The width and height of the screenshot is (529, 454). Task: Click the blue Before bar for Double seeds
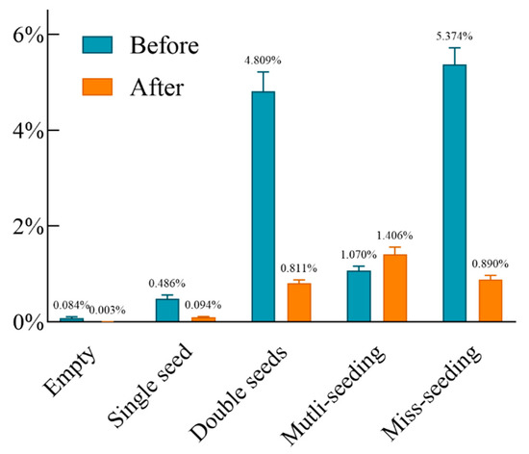pos(263,207)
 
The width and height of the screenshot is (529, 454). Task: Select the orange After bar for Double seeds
pos(299,303)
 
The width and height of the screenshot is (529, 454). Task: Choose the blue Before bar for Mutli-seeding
pos(358,296)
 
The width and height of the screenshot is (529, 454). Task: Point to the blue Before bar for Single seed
pos(167,311)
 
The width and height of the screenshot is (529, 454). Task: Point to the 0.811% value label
pos(300,267)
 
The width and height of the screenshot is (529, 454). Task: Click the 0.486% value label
pos(166,284)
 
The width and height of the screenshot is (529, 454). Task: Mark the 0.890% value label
pos(491,264)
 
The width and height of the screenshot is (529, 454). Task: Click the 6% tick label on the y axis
pos(25,36)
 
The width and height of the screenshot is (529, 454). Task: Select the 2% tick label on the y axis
pos(25,227)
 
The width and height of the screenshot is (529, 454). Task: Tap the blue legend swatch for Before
pos(99,47)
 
